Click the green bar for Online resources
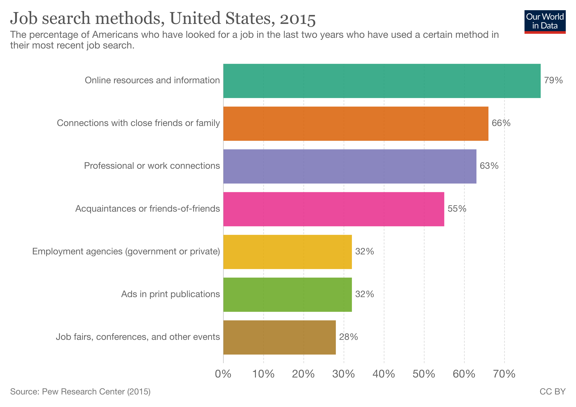[382, 81]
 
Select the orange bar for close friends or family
[356, 123]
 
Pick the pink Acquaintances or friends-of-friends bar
[334, 209]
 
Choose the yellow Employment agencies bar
[287, 252]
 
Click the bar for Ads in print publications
[287, 295]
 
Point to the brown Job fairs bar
[280, 337]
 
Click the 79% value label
[553, 80]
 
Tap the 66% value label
[501, 123]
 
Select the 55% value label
[457, 209]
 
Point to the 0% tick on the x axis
[223, 374]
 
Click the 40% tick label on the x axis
[384, 374]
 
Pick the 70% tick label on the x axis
[504, 374]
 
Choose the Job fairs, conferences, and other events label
[138, 337]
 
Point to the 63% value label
[489, 166]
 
